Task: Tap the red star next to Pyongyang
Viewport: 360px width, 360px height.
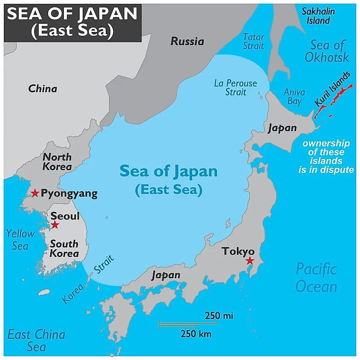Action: (x=35, y=193)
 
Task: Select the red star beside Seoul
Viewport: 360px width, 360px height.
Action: (x=55, y=225)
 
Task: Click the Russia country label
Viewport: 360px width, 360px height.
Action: (x=187, y=41)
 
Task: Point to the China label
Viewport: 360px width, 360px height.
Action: (x=43, y=89)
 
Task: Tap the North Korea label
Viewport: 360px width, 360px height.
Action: (x=57, y=161)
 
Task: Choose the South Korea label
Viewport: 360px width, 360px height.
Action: (x=64, y=248)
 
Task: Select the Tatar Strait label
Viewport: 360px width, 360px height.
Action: (x=253, y=41)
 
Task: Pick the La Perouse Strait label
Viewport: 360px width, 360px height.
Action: (x=235, y=87)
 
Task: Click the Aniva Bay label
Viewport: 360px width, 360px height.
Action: (x=294, y=96)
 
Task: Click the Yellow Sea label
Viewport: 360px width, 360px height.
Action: (x=20, y=239)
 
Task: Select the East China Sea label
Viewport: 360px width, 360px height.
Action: (x=36, y=340)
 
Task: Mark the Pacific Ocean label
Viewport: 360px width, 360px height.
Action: (x=316, y=277)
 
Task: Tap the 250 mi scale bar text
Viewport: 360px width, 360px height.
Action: (x=219, y=316)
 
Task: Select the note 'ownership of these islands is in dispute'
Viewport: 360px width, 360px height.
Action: (x=326, y=156)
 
